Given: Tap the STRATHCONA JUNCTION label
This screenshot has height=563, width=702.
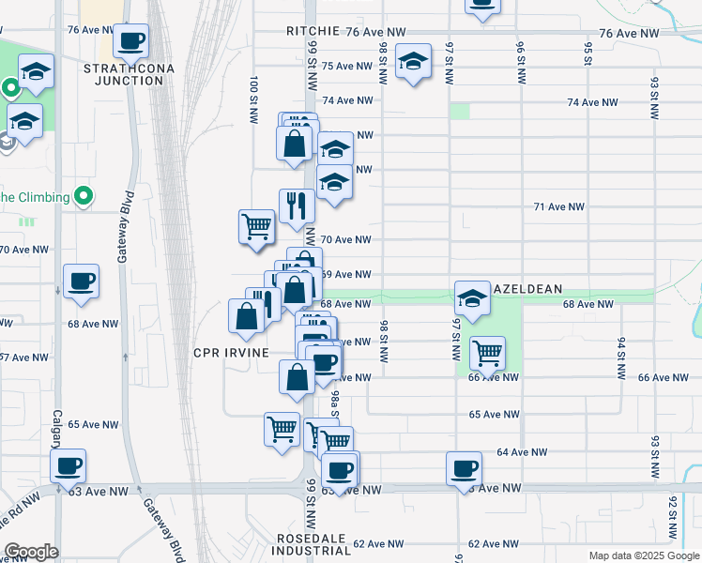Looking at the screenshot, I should pos(123,74).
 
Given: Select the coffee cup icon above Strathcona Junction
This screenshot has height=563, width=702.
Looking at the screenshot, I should pos(130,41).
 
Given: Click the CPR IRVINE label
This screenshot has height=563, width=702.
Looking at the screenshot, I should pos(231,353).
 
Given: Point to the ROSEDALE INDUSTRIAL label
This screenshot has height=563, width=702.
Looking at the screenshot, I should pos(314,544).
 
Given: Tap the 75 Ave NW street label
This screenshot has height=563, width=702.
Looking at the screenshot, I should pos(347,66).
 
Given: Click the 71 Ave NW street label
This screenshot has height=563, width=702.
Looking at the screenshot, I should pos(558,206).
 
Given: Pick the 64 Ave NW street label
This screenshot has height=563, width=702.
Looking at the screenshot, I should pos(522,452).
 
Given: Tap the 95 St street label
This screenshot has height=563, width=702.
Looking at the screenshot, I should pos(588,54).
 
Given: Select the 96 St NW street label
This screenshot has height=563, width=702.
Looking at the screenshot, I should pos(520,66).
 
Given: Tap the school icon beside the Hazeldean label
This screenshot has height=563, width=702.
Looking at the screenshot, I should pos(472,299).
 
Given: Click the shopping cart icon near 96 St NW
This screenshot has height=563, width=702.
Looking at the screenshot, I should pos(486,354).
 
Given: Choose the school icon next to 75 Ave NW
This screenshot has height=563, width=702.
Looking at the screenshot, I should pos(413,62).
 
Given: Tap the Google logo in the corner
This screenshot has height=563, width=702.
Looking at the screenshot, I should pos(31,552).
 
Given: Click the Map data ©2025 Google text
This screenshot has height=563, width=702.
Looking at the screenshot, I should pos(643,555).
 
